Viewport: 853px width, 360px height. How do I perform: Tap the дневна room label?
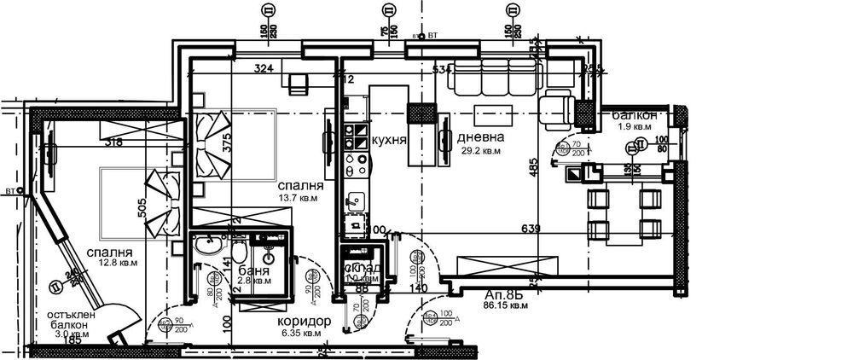click(480, 136)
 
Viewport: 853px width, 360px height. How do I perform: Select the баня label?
click(256, 270)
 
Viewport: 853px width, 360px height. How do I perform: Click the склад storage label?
click(362, 268)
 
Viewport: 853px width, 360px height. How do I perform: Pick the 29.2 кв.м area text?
click(479, 150)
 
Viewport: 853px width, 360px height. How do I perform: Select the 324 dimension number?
click(265, 69)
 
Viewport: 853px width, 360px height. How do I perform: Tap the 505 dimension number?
click(143, 209)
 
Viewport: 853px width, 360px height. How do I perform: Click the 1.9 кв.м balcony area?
click(635, 128)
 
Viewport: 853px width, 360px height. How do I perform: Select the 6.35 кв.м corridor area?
click(300, 334)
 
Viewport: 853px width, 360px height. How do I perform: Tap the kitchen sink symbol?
click(356, 202)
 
